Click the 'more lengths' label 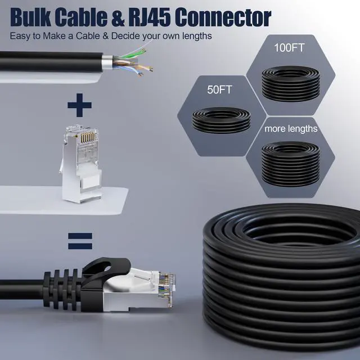tap(291, 129)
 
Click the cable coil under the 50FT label tap(219, 119)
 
